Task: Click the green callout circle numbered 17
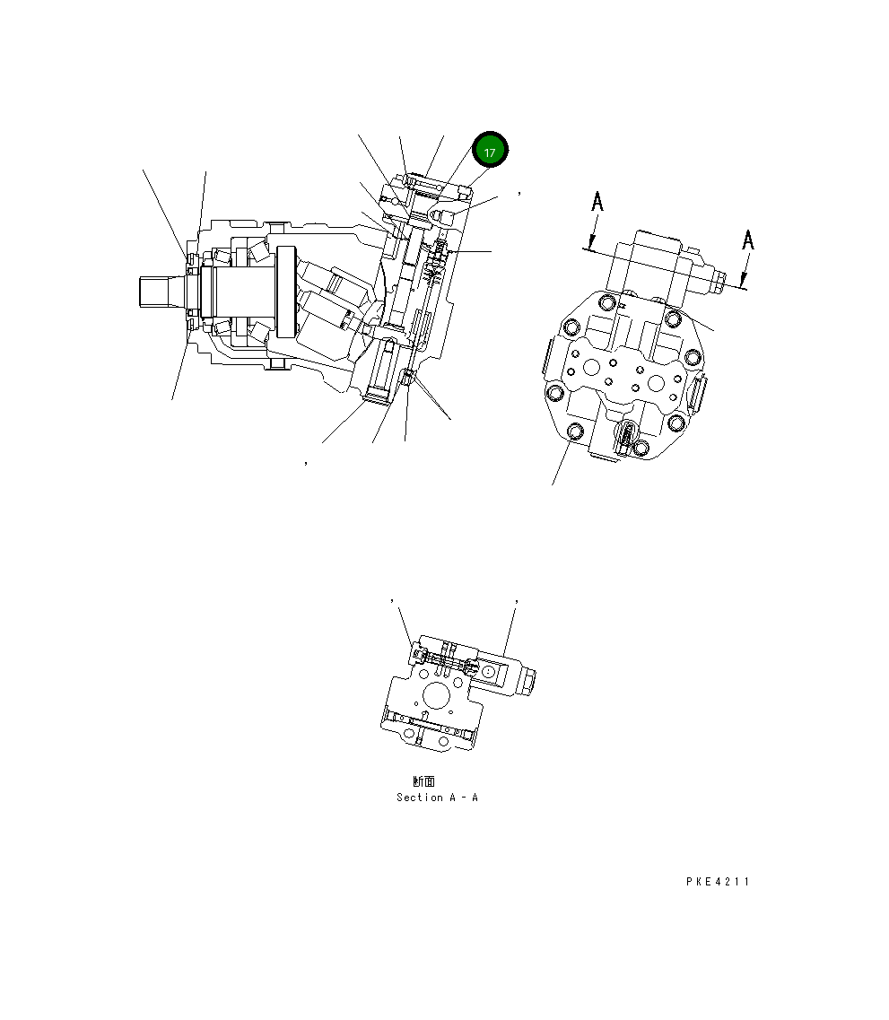click(x=490, y=153)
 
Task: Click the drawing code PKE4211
click(x=717, y=882)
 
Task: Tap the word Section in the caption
click(x=419, y=798)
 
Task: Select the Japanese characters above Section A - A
click(x=423, y=782)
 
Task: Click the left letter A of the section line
click(x=597, y=203)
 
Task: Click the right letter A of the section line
click(x=747, y=240)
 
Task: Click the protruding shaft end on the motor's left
click(x=161, y=290)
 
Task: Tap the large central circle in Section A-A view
click(x=437, y=695)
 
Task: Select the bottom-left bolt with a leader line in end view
click(x=575, y=434)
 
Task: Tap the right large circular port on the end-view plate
click(x=657, y=383)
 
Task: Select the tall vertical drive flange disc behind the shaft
click(x=287, y=292)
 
